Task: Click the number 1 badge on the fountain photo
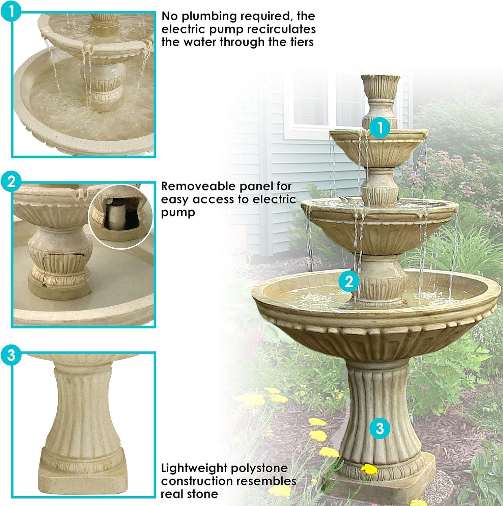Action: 380,128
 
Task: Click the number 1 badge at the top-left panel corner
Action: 11,11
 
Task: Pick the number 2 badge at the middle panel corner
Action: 11,182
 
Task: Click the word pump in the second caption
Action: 178,213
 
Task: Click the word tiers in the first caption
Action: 298,42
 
